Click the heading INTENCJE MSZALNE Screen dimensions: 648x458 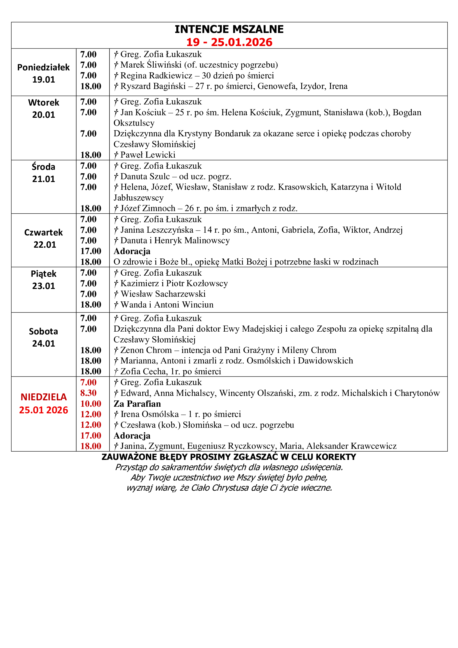pos(229,29)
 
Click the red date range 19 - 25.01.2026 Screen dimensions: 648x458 pos(229,42)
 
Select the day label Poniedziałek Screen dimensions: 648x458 pos(43,67)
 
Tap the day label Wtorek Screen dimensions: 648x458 pos(43,103)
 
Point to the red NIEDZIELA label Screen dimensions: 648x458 pos(43,397)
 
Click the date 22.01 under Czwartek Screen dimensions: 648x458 pos(45,245)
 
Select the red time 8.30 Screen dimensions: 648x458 pos(88,393)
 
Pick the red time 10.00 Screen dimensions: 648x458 pos(91,404)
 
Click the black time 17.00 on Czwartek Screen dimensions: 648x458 pos(91,251)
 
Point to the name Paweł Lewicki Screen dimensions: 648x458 pos(148,155)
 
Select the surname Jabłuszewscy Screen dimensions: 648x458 pos(138,198)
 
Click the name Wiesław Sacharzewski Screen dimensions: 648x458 pos(163,294)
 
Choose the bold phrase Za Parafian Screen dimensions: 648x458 pos(137,404)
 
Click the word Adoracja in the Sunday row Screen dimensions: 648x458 pos(132,436)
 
